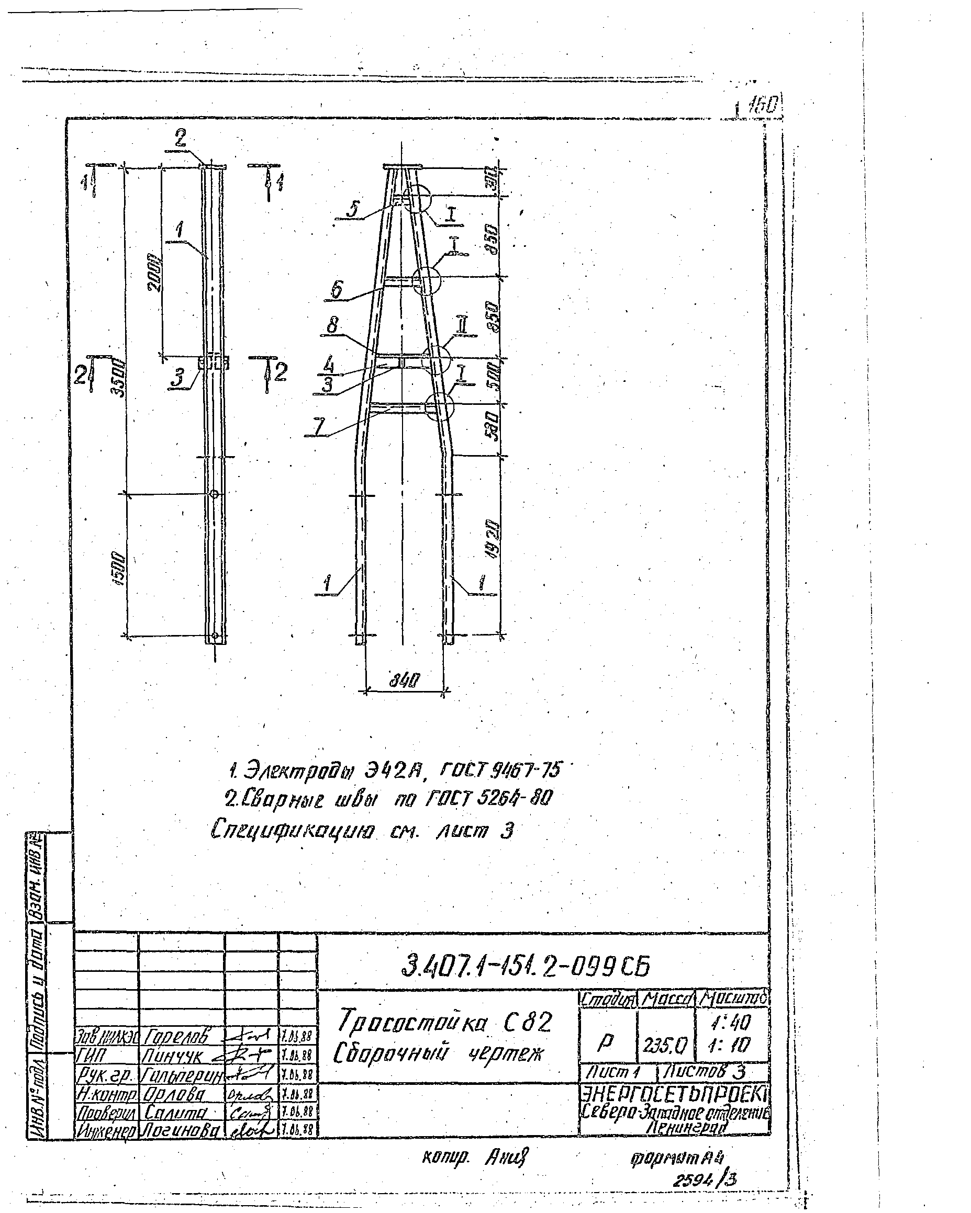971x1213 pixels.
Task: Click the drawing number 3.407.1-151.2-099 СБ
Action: tap(525, 966)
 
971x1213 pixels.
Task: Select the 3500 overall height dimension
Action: tap(119, 380)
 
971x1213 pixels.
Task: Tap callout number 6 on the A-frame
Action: tap(337, 289)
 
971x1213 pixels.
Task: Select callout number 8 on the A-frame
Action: tap(333, 326)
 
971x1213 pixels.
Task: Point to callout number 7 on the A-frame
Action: tap(319, 427)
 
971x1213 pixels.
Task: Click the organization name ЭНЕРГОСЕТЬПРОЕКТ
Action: tap(674, 1094)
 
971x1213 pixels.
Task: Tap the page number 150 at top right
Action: tap(765, 105)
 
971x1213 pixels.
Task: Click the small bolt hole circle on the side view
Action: tap(214, 494)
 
